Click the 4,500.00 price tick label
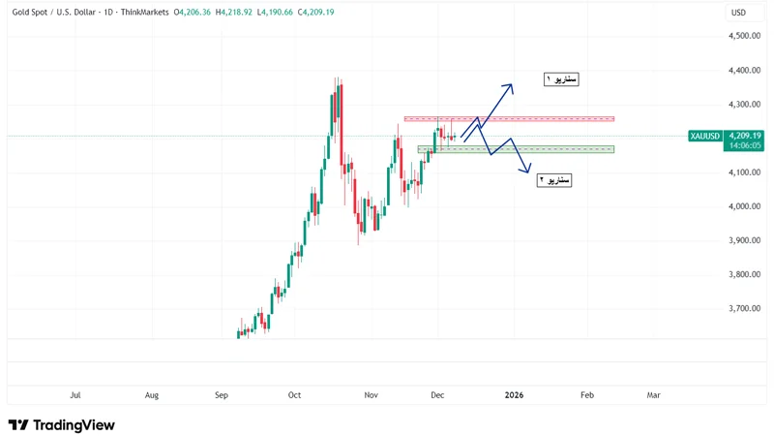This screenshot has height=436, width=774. (x=743, y=36)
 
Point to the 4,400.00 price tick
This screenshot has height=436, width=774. (x=743, y=70)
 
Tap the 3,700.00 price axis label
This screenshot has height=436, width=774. (x=743, y=308)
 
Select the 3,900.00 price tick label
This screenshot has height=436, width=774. (x=743, y=240)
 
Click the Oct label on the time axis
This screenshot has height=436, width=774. (x=295, y=395)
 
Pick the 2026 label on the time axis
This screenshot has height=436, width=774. (x=514, y=395)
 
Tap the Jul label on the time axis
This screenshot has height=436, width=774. (x=75, y=395)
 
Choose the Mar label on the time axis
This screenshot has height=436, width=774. (x=654, y=395)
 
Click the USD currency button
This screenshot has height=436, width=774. (x=738, y=13)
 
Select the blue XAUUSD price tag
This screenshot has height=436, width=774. (x=705, y=136)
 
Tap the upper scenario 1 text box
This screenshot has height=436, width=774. (x=561, y=79)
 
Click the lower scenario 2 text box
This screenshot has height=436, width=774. (x=554, y=180)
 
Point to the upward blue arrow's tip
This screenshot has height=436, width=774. (x=512, y=85)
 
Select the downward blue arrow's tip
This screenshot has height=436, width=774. (x=528, y=172)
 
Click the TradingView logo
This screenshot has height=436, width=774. (x=61, y=424)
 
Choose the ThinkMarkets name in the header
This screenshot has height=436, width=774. (x=144, y=13)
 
